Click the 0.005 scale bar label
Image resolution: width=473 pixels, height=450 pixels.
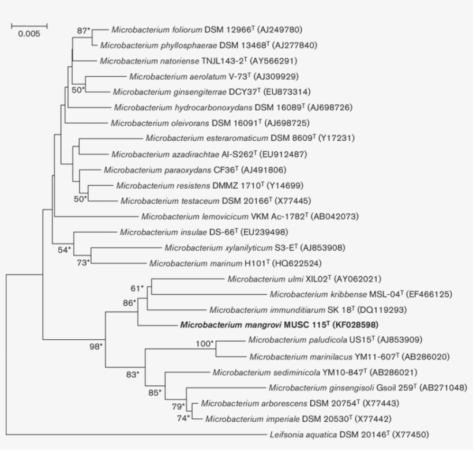click(x=29, y=33)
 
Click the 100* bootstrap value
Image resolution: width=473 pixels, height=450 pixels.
click(x=204, y=344)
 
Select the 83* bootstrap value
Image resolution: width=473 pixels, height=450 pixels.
click(x=133, y=374)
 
